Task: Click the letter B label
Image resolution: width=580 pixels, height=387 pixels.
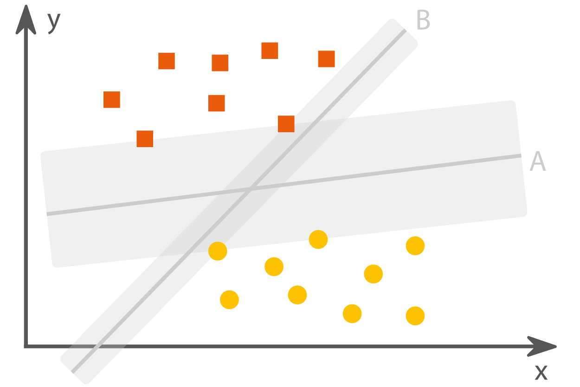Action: point(423,20)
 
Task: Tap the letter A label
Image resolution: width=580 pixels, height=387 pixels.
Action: point(538,161)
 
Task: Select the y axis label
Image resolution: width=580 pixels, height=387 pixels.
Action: point(54,23)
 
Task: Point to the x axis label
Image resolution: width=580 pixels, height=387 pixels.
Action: point(541,372)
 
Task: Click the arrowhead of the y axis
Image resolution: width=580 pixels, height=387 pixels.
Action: point(26,19)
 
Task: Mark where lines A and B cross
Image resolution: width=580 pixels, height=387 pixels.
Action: point(251,189)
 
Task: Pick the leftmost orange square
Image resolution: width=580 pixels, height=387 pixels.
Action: point(112,100)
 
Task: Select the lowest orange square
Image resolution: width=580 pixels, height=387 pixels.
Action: point(145,139)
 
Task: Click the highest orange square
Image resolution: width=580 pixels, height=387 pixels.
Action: point(270,51)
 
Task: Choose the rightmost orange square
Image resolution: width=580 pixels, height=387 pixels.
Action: point(327,59)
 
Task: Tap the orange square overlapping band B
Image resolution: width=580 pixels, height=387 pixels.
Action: point(286,124)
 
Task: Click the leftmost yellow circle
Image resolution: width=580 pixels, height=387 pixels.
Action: point(218,251)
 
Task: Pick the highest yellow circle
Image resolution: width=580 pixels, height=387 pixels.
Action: point(318,239)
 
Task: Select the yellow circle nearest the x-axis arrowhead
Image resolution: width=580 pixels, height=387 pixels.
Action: point(415,316)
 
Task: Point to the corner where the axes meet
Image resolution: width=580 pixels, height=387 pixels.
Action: point(26,346)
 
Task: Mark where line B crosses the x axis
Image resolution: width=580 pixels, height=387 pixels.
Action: point(98,346)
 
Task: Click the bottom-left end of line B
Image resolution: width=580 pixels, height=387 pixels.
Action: point(72,372)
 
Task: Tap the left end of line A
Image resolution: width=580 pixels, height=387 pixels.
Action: point(47,214)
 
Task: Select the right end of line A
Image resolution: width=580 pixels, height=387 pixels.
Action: point(521,155)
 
